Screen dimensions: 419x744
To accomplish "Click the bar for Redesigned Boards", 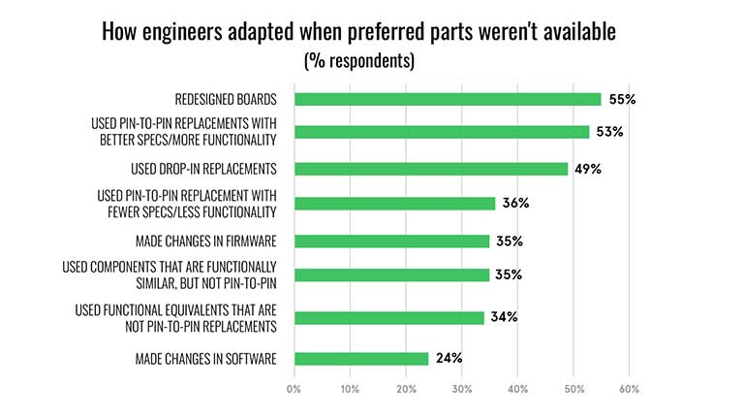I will click(447, 99).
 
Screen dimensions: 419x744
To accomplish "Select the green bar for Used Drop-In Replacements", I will click(430, 169).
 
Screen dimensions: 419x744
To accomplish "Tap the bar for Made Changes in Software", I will click(360, 359).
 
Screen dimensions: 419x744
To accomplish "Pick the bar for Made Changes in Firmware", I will click(391, 242).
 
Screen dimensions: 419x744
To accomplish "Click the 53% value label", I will click(608, 132).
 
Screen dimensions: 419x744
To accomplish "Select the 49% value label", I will click(587, 169).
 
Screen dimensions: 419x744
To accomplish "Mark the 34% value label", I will click(503, 317).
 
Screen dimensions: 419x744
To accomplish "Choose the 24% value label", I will click(448, 359).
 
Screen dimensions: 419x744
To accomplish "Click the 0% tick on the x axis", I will click(294, 390).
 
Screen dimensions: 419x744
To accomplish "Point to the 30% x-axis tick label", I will click(462, 390).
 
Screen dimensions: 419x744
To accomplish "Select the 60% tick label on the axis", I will click(629, 390).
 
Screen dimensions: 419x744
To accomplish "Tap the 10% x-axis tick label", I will click(350, 390).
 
